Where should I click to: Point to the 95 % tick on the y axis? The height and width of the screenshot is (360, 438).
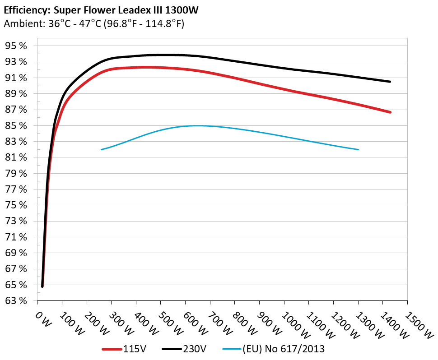tap(16, 46)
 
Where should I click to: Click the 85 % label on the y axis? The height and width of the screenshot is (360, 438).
tap(16, 125)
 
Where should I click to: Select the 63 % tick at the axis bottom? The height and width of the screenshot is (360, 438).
tap(16, 300)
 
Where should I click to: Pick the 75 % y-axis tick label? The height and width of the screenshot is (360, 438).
tap(16, 205)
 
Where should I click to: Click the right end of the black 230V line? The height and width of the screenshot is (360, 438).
tap(390, 81)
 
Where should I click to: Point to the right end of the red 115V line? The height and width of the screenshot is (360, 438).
tap(390, 112)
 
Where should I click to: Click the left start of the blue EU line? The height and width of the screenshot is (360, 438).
tap(102, 149)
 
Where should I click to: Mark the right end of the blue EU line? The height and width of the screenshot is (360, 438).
tap(358, 149)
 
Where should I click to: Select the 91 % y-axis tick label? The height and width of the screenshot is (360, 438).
tap(16, 78)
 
